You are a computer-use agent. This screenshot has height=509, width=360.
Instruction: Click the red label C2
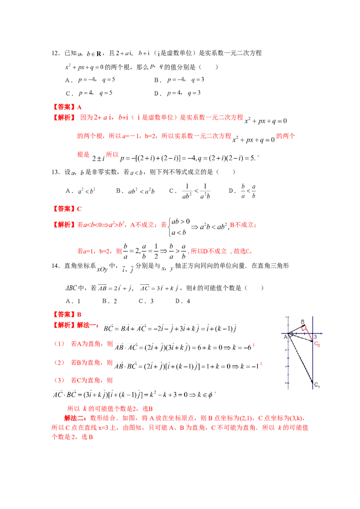click(x=317, y=344)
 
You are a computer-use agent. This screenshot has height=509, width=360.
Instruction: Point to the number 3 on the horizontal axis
click(x=315, y=337)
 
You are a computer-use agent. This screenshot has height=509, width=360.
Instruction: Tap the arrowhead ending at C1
click(x=312, y=383)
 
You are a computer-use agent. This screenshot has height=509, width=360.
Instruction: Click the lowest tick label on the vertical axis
click(x=286, y=383)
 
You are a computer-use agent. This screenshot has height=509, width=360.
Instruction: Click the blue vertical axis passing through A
click(x=288, y=355)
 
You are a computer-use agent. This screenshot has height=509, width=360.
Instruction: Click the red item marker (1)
click(x=59, y=344)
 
